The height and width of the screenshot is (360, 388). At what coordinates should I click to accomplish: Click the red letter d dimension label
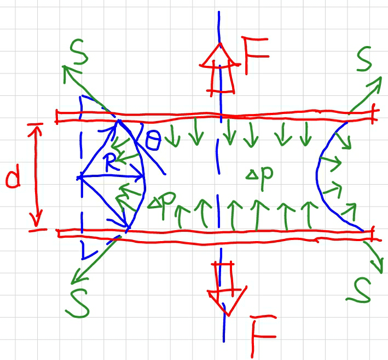tap(13, 178)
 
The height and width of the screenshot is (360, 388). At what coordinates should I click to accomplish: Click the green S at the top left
tap(79, 52)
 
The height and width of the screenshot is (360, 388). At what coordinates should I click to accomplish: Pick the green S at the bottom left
tap(77, 304)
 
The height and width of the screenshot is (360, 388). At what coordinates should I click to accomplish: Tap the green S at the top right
tap(364, 59)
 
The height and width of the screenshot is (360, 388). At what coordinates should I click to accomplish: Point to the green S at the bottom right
tap(359, 290)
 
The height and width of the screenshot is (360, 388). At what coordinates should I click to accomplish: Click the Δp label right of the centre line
tap(259, 174)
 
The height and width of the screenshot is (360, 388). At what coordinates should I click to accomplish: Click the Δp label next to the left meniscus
tap(162, 203)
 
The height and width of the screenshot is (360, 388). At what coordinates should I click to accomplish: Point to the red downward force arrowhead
tap(228, 302)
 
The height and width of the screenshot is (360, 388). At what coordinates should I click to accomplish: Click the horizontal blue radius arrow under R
tap(111, 176)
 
